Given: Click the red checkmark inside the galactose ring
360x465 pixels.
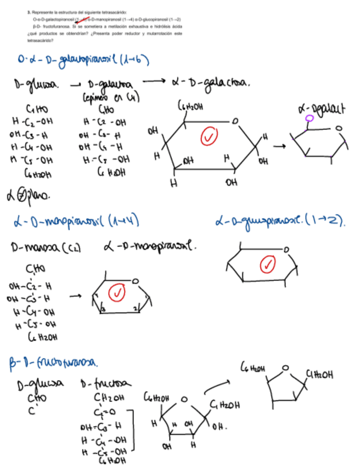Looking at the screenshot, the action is pos(208,137).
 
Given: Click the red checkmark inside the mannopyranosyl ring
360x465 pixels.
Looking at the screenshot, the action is pos(117,293).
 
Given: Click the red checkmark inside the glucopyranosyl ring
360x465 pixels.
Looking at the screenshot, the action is pos(268,264).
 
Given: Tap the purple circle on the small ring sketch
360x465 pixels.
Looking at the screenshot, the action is pos(310,118).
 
